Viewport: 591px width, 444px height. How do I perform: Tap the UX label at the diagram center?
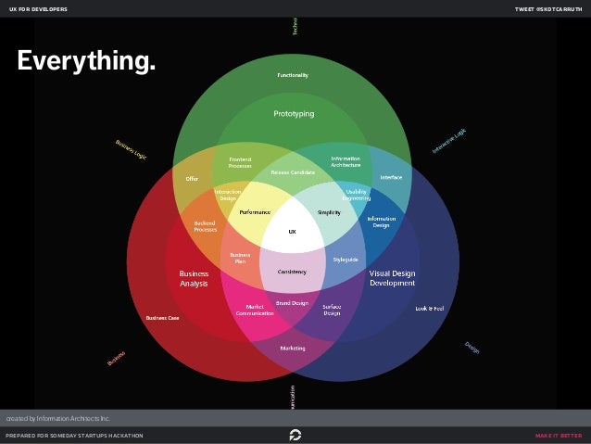tap(292, 231)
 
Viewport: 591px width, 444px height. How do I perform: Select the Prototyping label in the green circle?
tap(294, 114)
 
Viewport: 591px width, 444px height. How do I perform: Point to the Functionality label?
tap(293, 74)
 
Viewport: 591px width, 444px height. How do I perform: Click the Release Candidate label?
tap(293, 172)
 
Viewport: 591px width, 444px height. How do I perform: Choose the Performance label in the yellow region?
tap(255, 212)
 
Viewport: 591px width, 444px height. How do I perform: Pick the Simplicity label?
tap(330, 212)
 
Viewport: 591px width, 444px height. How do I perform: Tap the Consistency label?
tap(293, 271)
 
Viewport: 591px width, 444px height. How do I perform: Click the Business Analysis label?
tap(194, 279)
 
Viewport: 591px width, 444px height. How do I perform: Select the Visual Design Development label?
tap(392, 278)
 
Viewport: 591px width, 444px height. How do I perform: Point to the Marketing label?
tap(293, 348)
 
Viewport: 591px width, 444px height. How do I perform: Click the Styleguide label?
tap(346, 260)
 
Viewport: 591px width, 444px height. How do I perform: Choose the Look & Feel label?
tap(429, 308)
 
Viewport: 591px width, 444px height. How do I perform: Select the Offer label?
tap(193, 178)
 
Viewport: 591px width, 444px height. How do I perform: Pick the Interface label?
tap(391, 177)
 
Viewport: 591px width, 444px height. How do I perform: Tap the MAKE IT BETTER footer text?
tap(559, 436)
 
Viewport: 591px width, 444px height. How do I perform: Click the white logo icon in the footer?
tap(295, 435)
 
